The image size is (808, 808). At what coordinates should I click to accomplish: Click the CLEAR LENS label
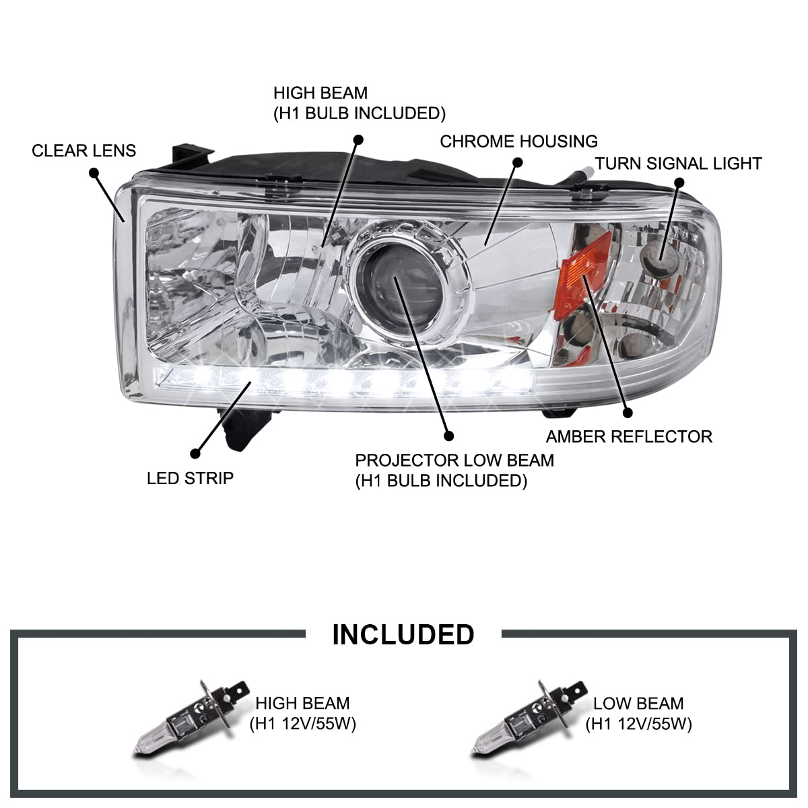[x=83, y=150]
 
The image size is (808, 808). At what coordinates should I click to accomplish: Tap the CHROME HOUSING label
[x=518, y=141]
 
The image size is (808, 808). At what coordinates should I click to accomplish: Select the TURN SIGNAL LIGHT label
[x=678, y=164]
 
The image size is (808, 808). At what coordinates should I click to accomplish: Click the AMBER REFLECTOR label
[x=628, y=436]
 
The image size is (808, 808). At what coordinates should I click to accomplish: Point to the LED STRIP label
[x=190, y=478]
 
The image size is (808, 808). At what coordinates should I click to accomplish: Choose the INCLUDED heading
[x=403, y=634]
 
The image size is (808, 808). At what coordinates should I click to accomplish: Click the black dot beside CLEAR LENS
[x=94, y=173]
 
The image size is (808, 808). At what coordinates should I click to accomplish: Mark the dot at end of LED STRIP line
[x=196, y=454]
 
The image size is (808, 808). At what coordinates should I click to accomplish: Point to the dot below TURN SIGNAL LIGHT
[x=679, y=182]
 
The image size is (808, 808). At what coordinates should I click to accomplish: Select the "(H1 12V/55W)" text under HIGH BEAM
[x=302, y=724]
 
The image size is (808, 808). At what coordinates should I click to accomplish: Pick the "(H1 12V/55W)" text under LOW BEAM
[x=638, y=724]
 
